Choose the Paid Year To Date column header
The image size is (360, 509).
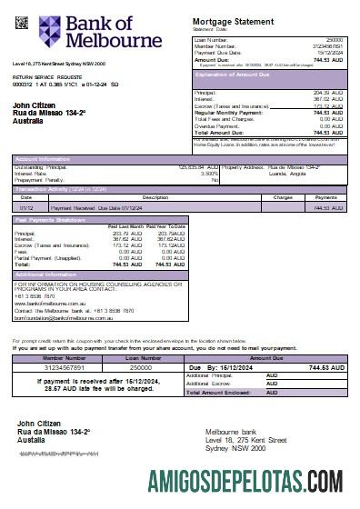pyautogui.click(x=167, y=225)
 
